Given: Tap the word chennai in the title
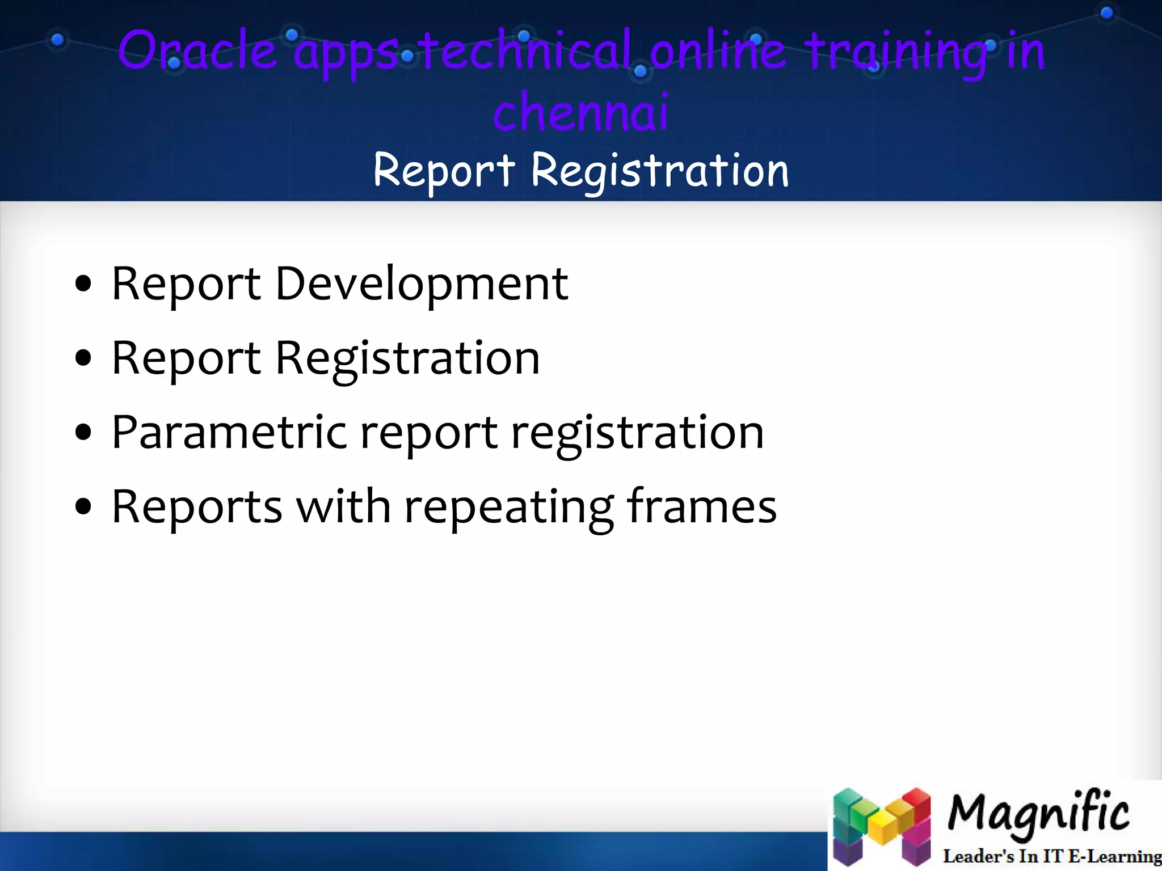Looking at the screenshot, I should (580, 112).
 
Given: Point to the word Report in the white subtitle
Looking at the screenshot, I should (444, 170).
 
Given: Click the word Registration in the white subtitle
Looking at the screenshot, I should (660, 171).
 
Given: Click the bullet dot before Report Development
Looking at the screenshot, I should (83, 284).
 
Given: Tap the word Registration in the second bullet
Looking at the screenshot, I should (407, 358).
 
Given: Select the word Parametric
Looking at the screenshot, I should (229, 433).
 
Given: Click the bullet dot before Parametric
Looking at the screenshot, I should (83, 433).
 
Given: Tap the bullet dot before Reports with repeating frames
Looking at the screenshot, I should (83, 507).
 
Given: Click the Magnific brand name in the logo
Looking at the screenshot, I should (1038, 813).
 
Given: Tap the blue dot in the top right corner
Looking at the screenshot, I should (1106, 13).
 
